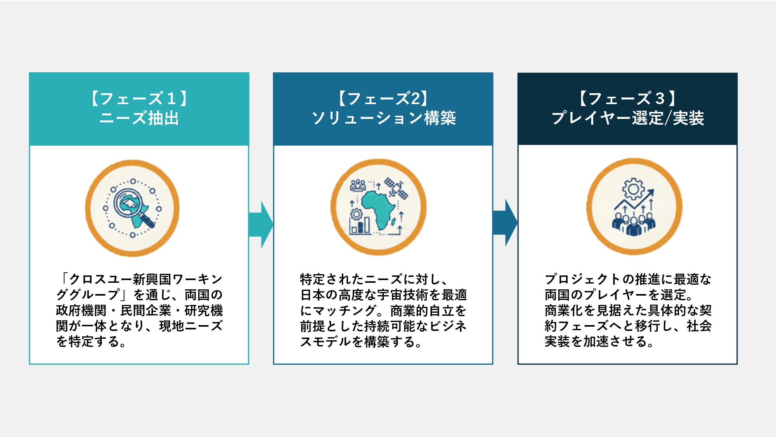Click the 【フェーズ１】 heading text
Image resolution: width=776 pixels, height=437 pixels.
coord(139,99)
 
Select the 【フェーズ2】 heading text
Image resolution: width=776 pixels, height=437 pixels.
coord(383,99)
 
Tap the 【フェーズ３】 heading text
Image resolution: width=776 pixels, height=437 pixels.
coord(627,99)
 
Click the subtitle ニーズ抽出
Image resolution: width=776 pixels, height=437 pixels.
coord(139,118)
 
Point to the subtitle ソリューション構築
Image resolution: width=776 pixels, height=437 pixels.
coord(383,118)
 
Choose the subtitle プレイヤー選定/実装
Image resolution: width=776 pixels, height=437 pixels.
coord(627,118)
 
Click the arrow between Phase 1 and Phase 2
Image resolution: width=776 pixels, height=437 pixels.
coord(262,225)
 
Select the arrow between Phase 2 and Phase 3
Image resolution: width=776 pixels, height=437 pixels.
coord(505,223)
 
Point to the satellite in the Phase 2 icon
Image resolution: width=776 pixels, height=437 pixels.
coord(396,189)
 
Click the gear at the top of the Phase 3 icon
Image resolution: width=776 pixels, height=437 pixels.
coord(633,189)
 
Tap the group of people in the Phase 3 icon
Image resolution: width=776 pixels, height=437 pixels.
coord(634,225)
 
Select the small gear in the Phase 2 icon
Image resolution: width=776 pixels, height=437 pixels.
coord(356,214)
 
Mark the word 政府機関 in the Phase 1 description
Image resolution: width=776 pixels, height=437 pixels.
coord(81,311)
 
